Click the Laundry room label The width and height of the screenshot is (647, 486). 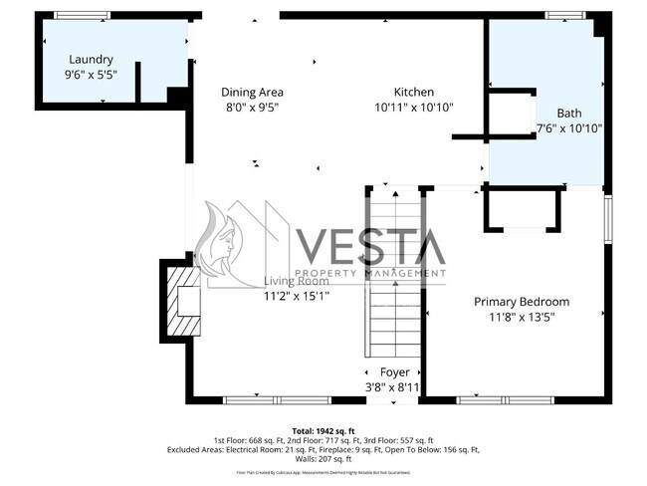[90, 60]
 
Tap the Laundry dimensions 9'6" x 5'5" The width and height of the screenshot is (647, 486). [90, 75]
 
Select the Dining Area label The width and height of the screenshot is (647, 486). [252, 92]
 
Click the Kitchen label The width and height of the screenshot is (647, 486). [413, 92]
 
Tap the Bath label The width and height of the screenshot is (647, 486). [568, 113]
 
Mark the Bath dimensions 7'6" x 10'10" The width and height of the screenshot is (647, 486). [569, 127]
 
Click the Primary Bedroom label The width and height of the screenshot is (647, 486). [521, 302]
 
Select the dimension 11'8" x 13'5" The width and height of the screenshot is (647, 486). [521, 317]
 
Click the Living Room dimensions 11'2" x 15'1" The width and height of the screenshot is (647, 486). [296, 296]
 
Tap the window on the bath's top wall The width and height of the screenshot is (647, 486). [561, 15]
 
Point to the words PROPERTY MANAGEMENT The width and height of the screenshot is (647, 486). [370, 273]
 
